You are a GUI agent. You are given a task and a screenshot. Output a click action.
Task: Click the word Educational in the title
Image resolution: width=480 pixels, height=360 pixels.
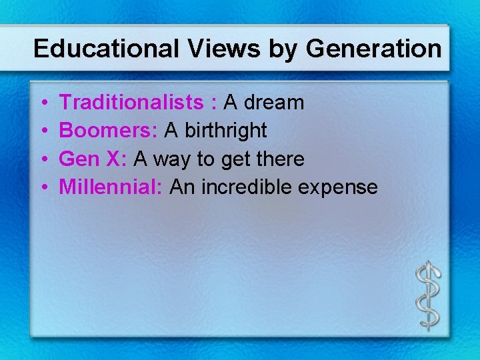106,49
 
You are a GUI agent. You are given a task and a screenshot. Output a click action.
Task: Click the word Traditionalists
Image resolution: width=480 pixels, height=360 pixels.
131,103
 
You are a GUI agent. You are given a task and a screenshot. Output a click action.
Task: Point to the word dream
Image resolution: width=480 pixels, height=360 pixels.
276,103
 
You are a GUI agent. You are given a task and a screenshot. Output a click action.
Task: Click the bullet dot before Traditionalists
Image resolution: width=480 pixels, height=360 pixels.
43,103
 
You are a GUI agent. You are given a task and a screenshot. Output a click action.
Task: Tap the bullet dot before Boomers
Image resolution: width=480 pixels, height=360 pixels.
43,131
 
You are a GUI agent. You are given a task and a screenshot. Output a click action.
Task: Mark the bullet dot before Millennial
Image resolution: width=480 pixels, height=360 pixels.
43,188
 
